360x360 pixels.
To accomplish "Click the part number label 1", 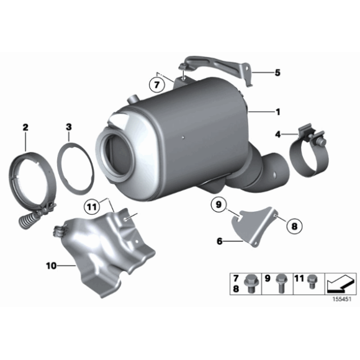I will [x=277, y=112].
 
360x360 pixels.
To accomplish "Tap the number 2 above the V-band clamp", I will [x=25, y=127].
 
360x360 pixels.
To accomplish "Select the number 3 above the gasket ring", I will [x=68, y=127].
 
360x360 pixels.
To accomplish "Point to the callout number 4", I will [x=277, y=134].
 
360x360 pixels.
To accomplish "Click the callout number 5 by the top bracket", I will [x=277, y=73].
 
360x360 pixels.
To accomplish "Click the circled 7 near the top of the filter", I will [x=159, y=83].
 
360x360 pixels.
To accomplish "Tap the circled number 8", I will [x=293, y=227].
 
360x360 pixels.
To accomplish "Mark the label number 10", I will [x=52, y=266].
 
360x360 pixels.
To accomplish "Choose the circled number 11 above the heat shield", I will [x=92, y=206].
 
